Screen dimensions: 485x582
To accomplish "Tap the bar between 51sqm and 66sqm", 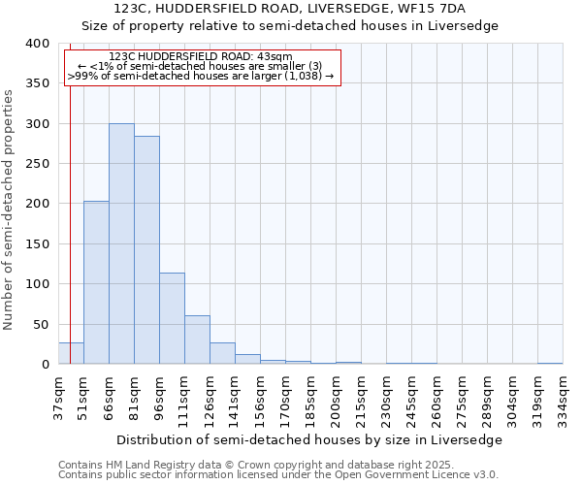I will click(x=96, y=282).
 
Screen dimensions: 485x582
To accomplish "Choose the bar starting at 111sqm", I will click(x=197, y=339).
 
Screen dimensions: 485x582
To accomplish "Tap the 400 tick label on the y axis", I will click(x=37, y=44).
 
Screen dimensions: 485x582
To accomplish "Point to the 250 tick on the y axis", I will click(x=37, y=164).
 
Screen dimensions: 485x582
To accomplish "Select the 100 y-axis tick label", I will click(x=37, y=284).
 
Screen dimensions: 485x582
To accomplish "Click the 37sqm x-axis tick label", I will click(x=58, y=398).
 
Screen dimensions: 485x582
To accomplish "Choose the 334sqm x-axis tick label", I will click(x=563, y=398).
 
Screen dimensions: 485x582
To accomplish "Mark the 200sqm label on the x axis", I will click(x=336, y=398).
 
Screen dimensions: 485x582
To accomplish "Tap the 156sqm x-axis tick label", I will click(x=260, y=398).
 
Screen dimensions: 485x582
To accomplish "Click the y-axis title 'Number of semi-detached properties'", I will click(x=9, y=209).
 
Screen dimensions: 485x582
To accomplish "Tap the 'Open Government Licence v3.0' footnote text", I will click(x=427, y=475).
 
